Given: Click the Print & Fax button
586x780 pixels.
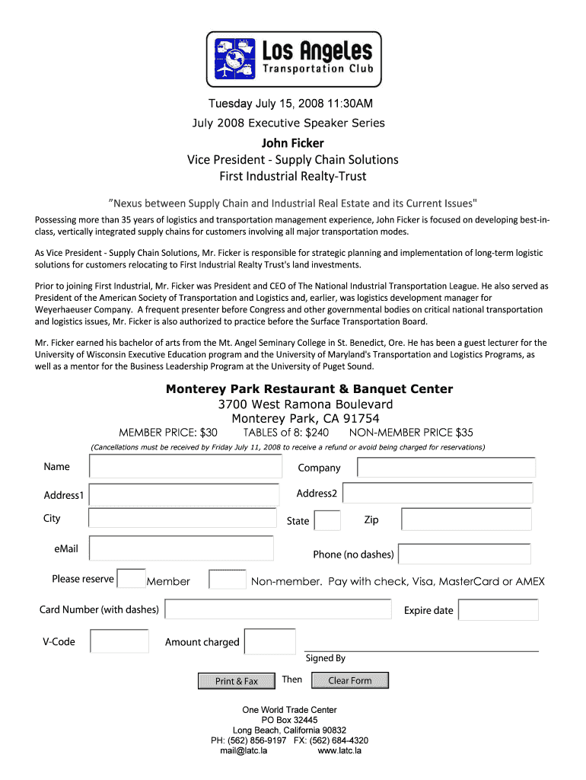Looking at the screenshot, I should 236,681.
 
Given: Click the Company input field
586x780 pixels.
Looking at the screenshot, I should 447,468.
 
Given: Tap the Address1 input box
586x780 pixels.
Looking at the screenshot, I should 183,495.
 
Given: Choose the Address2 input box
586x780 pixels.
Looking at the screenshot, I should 437,493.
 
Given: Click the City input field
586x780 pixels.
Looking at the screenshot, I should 181,519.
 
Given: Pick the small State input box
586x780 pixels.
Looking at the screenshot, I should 327,521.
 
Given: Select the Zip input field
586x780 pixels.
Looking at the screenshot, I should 466,519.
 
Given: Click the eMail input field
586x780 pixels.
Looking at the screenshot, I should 181,548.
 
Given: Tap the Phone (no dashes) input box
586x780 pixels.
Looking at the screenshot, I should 464,554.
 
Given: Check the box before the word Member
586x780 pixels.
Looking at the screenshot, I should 132,579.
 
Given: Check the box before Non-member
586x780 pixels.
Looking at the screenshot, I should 227,580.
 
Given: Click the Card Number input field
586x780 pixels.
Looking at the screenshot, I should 278,609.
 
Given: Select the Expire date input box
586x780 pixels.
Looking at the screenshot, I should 498,610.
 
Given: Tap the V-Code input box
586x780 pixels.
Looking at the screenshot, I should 119,641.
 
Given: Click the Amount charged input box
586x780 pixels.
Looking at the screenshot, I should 269,641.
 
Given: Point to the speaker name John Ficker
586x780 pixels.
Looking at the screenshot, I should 293,143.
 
